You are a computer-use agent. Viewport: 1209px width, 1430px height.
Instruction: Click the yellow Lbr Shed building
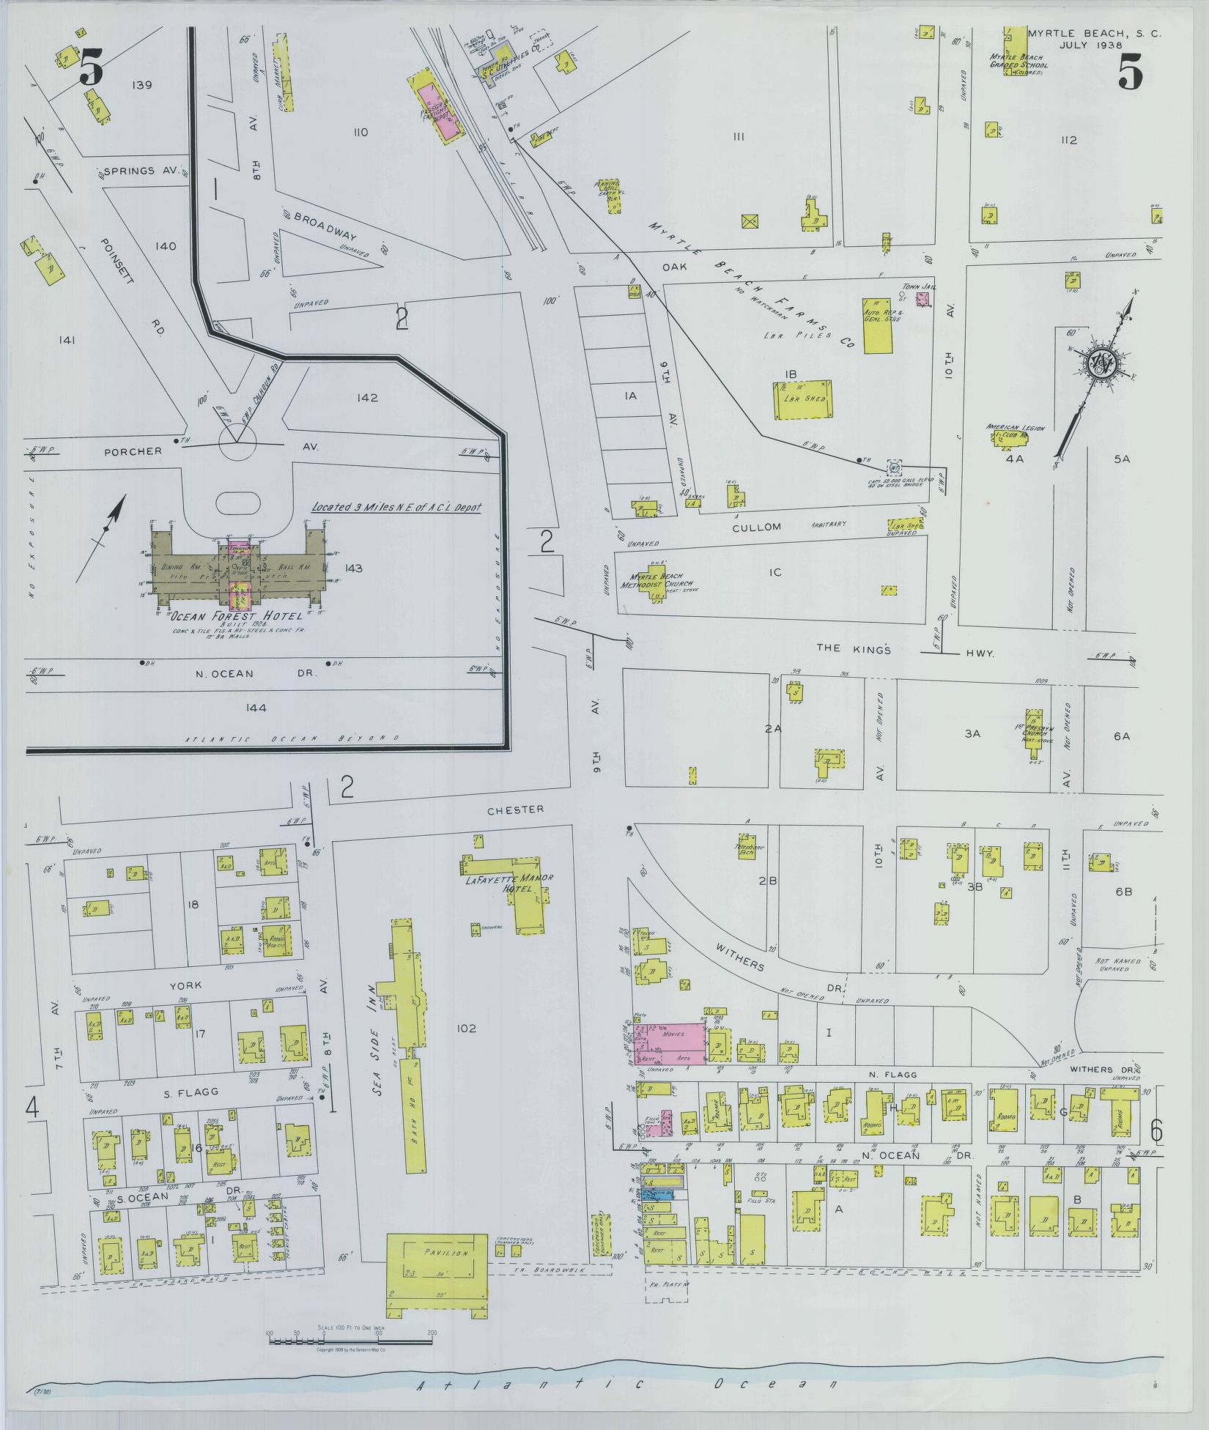804,399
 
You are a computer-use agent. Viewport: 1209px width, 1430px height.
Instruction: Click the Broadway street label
325,226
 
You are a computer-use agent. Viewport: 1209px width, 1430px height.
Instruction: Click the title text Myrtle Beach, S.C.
1094,34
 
